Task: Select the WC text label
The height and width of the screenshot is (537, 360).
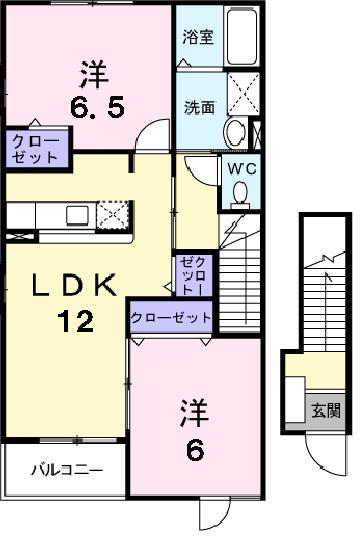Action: coord(242,168)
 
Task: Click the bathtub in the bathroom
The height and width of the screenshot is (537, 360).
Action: coord(240,37)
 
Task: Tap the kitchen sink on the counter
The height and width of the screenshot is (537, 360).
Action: coord(78,214)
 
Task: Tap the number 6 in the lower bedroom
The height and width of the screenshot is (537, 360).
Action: coord(194,449)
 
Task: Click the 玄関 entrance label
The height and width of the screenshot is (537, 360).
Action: coord(325,409)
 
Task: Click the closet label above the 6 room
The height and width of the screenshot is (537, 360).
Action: coord(171,318)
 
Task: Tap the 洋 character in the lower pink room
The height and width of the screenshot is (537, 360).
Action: coord(194,411)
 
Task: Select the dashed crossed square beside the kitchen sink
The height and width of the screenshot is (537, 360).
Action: coord(114,214)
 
